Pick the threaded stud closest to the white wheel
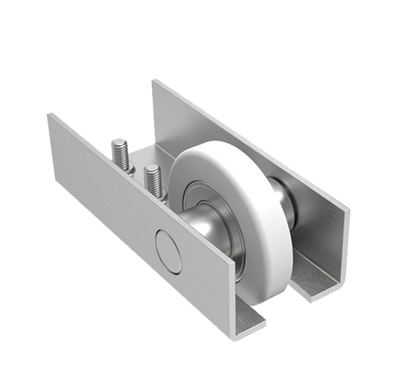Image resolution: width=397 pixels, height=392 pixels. pyautogui.click(x=153, y=177)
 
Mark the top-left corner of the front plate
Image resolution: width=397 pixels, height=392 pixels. pyautogui.click(x=47, y=111)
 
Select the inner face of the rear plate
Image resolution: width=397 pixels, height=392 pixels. pyautogui.click(x=319, y=233)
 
